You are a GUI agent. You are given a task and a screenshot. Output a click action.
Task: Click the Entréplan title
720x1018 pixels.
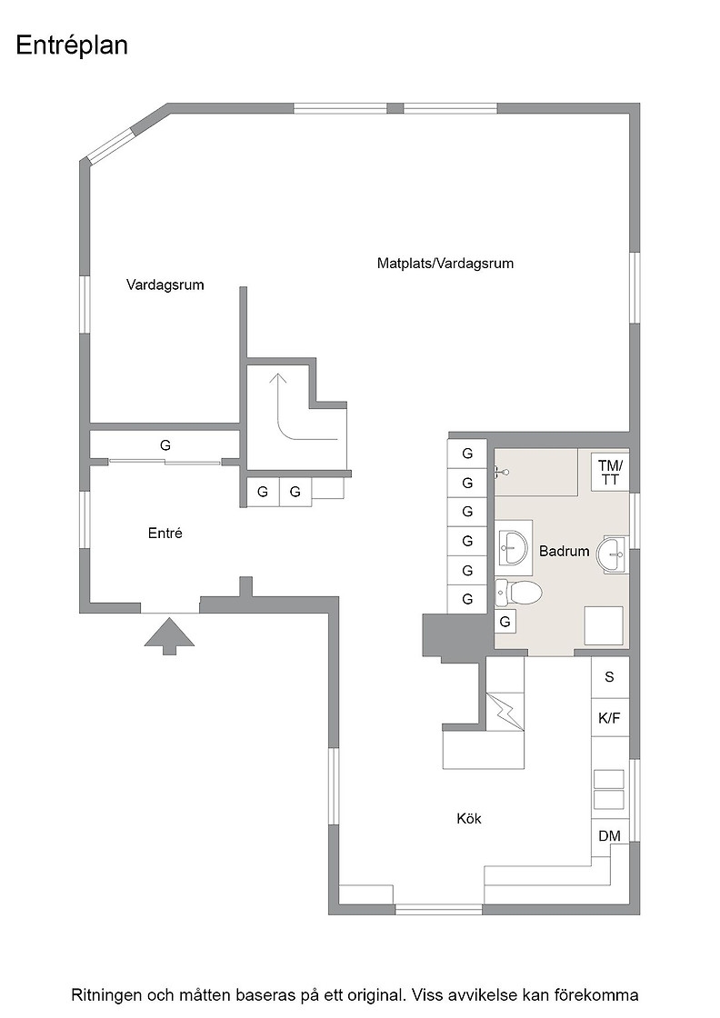72,45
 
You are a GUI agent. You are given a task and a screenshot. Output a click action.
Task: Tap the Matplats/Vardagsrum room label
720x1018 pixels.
445,263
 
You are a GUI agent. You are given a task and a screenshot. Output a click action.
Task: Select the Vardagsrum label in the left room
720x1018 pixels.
165,284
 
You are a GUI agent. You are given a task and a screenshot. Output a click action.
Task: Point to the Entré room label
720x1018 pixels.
165,533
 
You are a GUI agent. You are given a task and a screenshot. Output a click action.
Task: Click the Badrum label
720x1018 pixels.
565,551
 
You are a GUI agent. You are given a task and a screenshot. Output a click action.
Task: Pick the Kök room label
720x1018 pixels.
469,818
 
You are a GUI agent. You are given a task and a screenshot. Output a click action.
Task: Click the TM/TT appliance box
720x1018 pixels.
610,472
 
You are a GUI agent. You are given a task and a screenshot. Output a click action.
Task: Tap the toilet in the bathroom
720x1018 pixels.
519,592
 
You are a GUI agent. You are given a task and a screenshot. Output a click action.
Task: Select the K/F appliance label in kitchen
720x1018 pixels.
610,718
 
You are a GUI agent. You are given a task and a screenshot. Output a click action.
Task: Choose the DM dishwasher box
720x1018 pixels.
610,836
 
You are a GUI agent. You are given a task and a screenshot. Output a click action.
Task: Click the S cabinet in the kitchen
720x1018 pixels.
610,677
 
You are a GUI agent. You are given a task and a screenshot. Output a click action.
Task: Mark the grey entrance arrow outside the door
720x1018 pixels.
169,636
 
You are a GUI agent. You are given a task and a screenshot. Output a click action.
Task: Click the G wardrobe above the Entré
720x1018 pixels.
165,445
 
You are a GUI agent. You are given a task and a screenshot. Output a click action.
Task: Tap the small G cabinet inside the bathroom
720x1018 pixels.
505,622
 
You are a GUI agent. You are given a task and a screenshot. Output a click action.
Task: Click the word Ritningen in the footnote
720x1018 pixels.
105,995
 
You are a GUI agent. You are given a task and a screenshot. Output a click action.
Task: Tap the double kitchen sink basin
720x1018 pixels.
609,790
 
